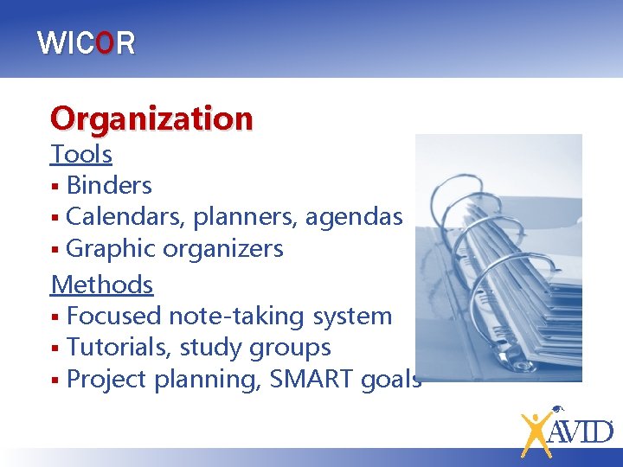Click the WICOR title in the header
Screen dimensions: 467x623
coord(87,43)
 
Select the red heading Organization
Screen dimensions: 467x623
coord(151,118)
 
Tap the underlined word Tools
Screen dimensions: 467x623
coord(81,154)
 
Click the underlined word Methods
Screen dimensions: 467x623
coord(102,284)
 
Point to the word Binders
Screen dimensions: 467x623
coord(109,185)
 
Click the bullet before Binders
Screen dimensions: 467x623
coord(55,186)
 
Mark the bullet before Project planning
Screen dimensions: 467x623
coord(55,380)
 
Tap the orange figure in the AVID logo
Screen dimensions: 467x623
coord(536,432)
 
